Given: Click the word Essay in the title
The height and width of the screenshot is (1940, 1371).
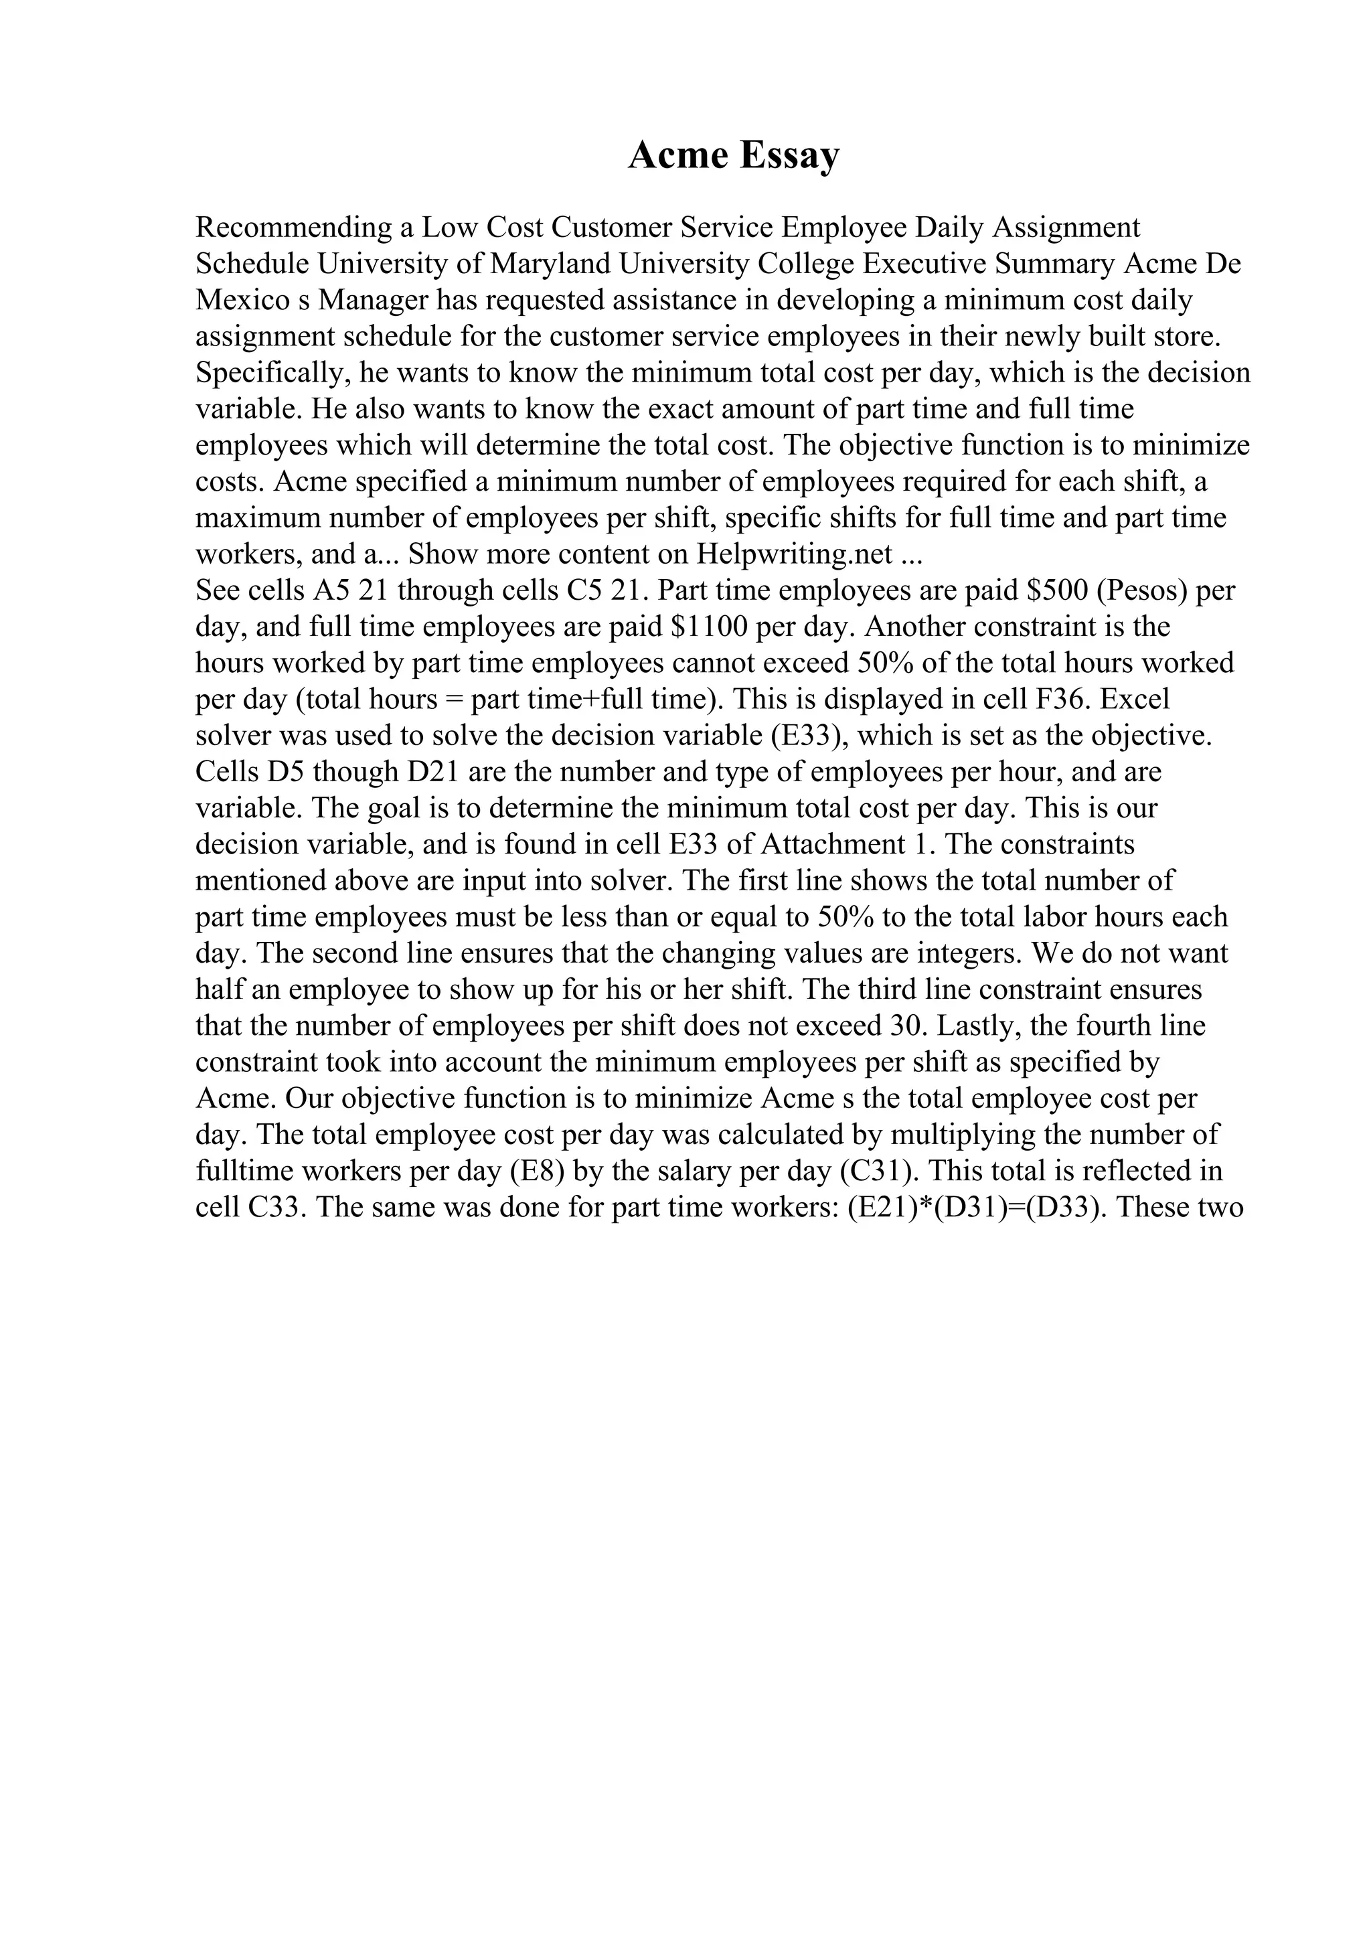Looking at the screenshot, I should [790, 157].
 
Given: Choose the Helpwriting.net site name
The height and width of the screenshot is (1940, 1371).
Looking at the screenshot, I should [794, 554].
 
